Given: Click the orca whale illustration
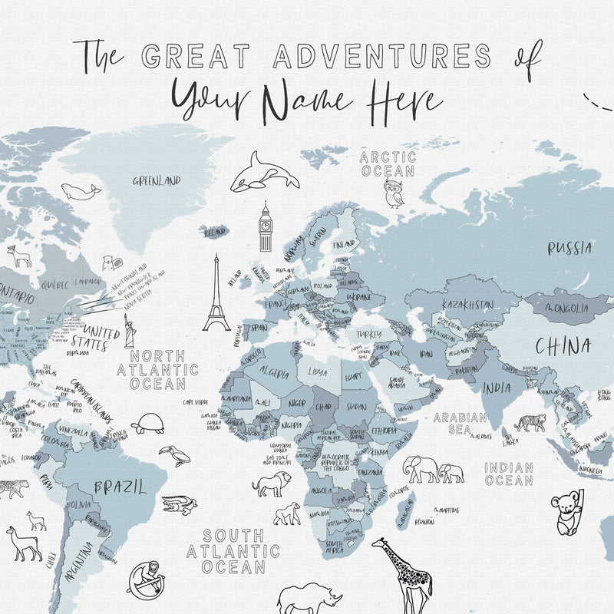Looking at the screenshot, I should [263, 173].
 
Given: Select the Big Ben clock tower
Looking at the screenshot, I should [266, 227].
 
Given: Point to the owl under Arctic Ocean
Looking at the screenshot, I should [394, 194].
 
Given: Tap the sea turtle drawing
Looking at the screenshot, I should [147, 424].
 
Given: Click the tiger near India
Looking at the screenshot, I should [530, 422].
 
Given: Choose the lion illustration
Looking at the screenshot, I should [272, 484].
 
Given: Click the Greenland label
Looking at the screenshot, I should [157, 181].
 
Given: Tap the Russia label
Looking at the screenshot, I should [569, 248].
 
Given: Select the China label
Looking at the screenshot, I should [563, 345].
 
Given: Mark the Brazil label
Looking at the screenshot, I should [119, 487].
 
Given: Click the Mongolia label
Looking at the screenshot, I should [566, 309].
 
